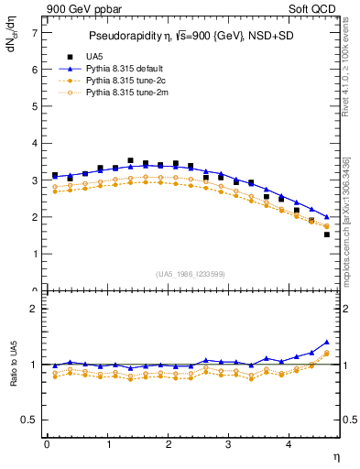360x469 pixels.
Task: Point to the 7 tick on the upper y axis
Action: pos(34,32)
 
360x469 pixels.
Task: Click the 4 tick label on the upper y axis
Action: pos(34,144)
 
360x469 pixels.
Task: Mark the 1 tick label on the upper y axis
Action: pos(34,255)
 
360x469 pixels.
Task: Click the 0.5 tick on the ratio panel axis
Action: pos(30,420)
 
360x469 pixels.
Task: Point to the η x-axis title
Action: pos(335,457)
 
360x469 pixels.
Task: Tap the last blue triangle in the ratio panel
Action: pos(327,342)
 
